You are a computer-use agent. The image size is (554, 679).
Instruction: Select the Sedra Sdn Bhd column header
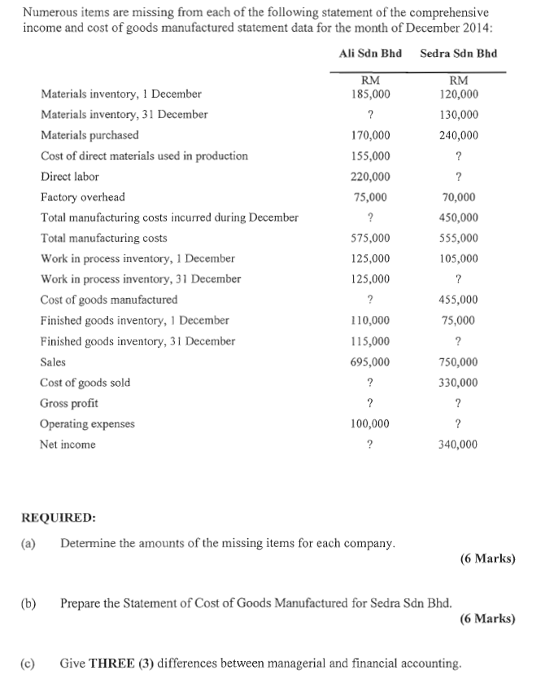click(458, 54)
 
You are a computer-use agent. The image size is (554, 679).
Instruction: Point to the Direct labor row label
click(70, 177)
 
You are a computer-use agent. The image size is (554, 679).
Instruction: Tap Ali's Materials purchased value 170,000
click(371, 135)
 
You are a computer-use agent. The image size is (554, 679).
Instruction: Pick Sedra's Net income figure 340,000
click(459, 445)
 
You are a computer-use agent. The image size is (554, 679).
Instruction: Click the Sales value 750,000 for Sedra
click(459, 362)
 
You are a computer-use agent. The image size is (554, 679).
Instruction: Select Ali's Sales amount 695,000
click(371, 362)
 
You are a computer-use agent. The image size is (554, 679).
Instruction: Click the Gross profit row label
click(69, 403)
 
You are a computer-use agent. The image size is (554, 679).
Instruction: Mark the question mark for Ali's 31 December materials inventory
click(371, 115)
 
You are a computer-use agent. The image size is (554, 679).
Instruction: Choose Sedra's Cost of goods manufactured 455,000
click(459, 300)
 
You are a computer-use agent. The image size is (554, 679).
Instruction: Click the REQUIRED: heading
click(58, 517)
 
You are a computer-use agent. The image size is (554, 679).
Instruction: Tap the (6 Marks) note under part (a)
click(487, 559)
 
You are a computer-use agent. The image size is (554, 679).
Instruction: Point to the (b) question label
click(28, 603)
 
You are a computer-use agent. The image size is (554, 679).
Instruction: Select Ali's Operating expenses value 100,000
click(371, 424)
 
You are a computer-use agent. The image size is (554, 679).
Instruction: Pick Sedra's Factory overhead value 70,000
click(459, 197)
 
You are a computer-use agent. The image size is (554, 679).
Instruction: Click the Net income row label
click(68, 445)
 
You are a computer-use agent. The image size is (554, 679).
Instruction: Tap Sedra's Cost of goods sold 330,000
click(459, 383)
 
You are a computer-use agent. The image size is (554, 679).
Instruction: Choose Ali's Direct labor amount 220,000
click(371, 177)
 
